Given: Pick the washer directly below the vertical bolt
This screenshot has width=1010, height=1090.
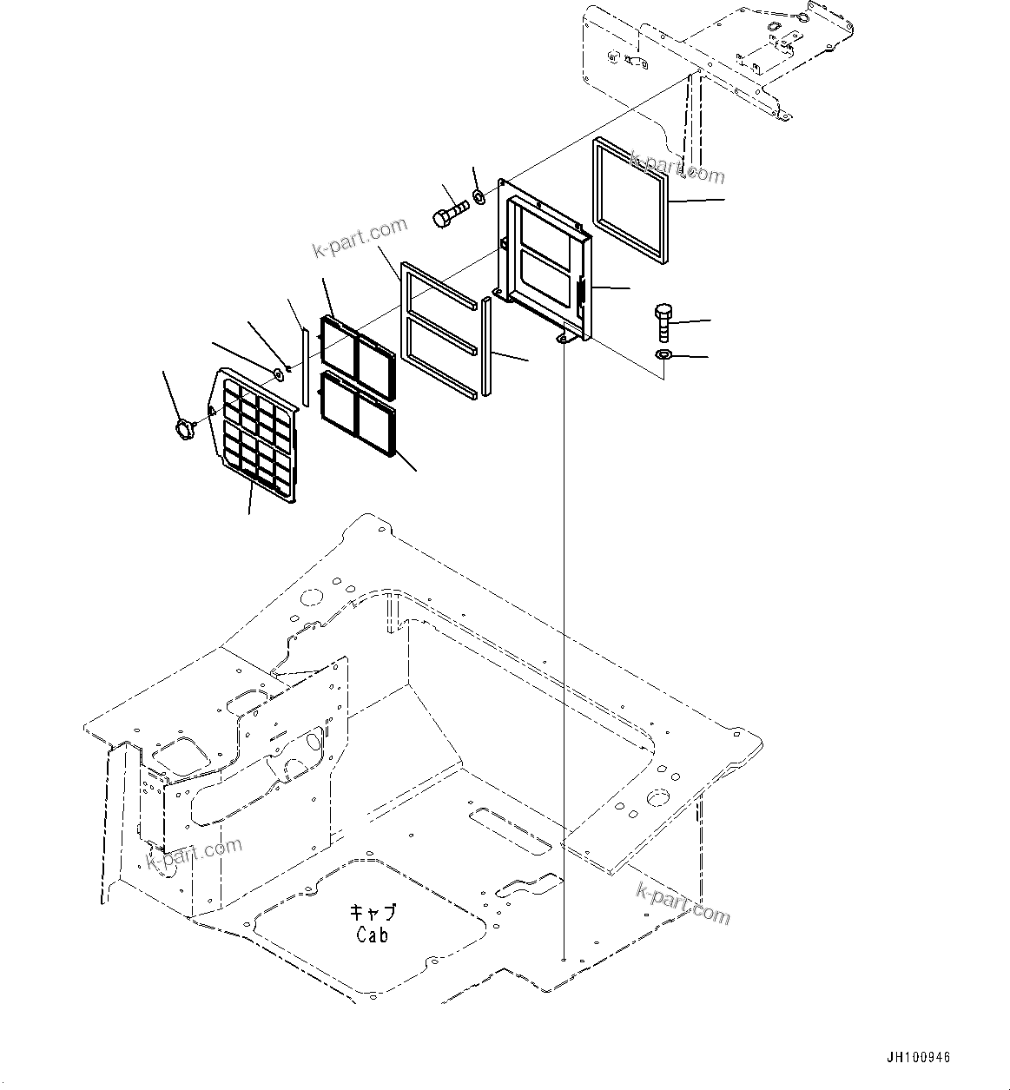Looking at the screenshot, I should click(x=663, y=355).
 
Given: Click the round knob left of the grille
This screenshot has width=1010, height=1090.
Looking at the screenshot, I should click(x=185, y=426).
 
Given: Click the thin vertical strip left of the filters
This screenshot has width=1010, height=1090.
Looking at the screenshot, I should click(x=306, y=365).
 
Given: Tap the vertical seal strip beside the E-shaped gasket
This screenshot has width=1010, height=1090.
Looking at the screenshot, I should click(x=487, y=346).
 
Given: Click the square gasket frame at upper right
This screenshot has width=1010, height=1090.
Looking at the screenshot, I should click(x=630, y=201).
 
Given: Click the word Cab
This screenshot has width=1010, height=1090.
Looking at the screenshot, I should click(x=373, y=935).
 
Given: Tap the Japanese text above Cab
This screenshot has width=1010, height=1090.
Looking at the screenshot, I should click(x=373, y=913).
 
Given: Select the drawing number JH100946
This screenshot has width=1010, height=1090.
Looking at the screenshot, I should click(x=919, y=1058).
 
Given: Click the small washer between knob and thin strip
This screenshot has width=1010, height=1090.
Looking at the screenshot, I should click(x=278, y=374).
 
